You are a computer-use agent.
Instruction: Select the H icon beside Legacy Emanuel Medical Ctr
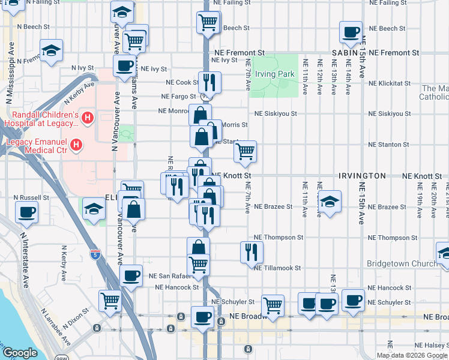(76, 145)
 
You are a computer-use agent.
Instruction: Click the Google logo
(20, 353)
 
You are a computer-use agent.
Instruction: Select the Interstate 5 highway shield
(94, 254)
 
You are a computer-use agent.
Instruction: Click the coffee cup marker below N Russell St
(26, 211)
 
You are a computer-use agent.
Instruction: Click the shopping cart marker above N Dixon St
(110, 300)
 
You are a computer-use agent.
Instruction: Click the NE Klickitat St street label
(390, 83)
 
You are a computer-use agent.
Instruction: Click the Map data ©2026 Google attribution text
(412, 355)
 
